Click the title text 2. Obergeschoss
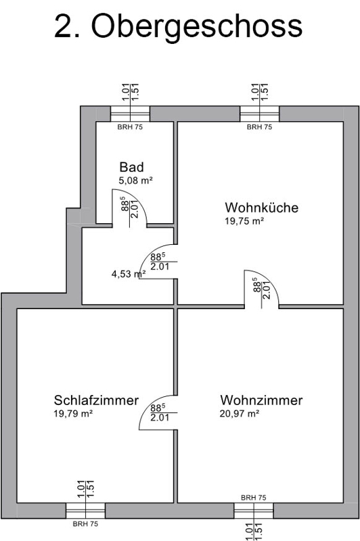tap(178, 27)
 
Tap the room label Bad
tap(131, 167)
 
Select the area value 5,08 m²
tap(135, 180)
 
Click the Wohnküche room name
tap(262, 208)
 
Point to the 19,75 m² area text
tap(244, 221)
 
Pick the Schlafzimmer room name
tap(96, 400)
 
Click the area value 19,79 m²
tap(73, 413)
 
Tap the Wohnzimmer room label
tap(262, 400)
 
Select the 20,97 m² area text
tap(240, 413)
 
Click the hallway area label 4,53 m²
tap(129, 274)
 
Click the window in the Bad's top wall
tap(130, 114)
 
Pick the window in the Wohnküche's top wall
tap(260, 114)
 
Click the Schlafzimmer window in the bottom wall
tap(85, 511)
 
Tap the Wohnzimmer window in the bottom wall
tap(254, 511)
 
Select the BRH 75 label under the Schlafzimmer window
tap(85, 523)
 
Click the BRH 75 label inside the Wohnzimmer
tap(254, 498)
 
